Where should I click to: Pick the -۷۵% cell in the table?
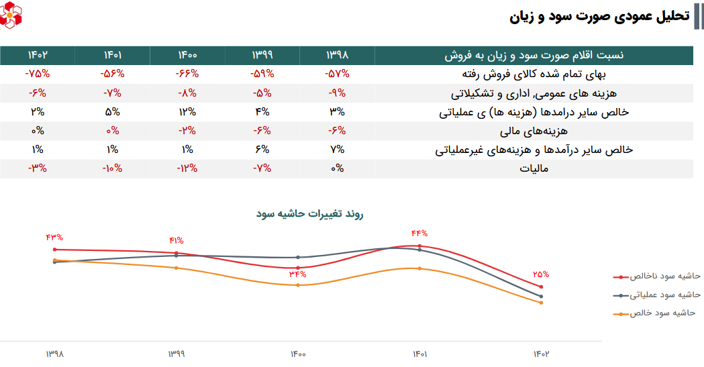point(38,74)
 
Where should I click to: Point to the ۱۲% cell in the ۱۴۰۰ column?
point(187,111)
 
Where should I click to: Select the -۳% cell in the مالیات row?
point(38,168)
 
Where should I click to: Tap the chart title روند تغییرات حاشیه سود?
point(309,214)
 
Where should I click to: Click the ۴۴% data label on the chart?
point(419,233)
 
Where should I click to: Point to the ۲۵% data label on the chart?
point(541,274)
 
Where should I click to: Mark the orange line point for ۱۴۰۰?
point(298,285)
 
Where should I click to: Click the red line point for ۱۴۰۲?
point(541,287)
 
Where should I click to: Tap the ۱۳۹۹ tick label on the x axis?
point(176,354)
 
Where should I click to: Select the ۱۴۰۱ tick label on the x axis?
point(419,354)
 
